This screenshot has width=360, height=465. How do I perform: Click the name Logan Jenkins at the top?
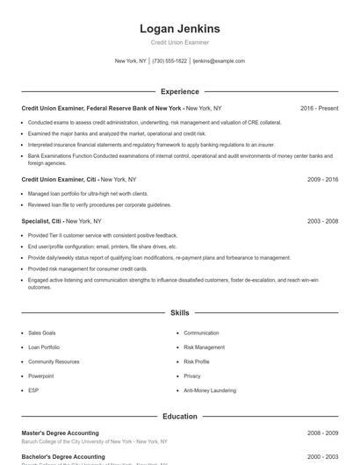(179, 28)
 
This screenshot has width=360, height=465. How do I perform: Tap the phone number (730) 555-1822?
(169, 61)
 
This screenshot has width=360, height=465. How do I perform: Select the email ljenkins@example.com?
(219, 61)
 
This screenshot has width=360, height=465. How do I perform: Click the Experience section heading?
(179, 91)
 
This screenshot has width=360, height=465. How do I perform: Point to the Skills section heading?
(179, 312)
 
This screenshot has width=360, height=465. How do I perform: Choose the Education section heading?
(179, 417)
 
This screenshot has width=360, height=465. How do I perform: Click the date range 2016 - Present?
(319, 108)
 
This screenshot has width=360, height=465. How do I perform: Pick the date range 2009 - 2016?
(322, 179)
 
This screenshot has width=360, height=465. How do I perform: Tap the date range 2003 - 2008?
(322, 221)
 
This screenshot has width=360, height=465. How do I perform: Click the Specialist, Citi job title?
(42, 221)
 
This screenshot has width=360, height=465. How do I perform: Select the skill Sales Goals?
(41, 333)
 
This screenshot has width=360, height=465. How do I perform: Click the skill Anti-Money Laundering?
(211, 390)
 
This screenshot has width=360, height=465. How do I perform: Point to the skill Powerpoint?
(40, 376)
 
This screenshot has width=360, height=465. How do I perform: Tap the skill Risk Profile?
(197, 361)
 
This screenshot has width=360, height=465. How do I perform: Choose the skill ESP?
(33, 390)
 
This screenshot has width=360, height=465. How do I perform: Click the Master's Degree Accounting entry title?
(60, 433)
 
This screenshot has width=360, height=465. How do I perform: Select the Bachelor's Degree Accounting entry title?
(62, 457)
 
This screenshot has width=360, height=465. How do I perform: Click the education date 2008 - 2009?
(322, 433)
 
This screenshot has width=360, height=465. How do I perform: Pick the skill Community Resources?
(54, 361)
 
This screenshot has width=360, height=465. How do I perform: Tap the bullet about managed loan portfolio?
(88, 193)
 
